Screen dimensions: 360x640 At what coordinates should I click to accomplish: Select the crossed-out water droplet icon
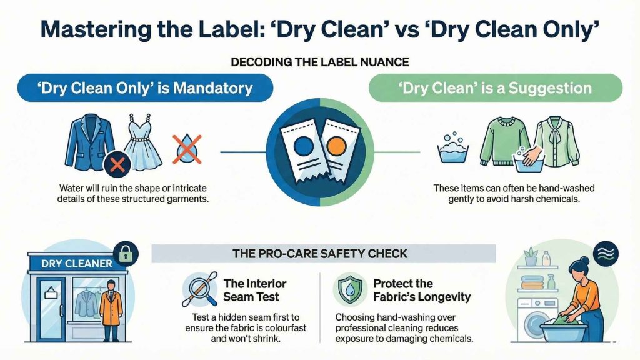[186, 149]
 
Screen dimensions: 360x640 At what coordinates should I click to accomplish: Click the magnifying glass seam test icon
[199, 289]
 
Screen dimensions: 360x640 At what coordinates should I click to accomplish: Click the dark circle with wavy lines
[606, 254]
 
